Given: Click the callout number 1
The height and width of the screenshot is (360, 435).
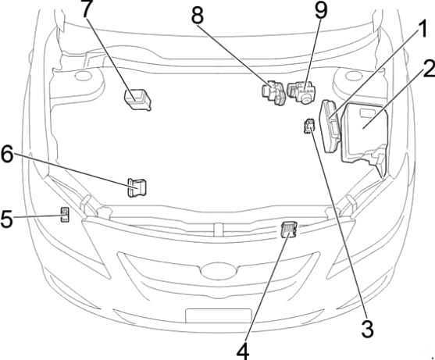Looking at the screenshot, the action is (x=422, y=30).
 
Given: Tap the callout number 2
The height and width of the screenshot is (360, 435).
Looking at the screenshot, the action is (x=429, y=69).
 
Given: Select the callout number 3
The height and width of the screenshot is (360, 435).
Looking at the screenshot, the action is (x=368, y=329).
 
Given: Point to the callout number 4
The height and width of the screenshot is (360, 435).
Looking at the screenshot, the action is (x=243, y=351).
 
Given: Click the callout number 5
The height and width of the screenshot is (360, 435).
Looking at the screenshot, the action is (x=6, y=219).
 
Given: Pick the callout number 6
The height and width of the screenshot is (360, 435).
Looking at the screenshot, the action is (x=7, y=154).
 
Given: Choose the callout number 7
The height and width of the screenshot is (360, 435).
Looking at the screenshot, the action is (x=87, y=9).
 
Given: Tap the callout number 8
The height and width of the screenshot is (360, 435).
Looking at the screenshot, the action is (x=198, y=16).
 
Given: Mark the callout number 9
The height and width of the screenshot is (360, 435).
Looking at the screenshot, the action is (x=321, y=9).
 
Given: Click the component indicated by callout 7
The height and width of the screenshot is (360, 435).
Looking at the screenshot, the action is (x=137, y=99).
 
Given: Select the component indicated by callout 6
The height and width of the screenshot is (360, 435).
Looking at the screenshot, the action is (x=137, y=187).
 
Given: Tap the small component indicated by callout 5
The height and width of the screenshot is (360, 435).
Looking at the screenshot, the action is (x=65, y=215).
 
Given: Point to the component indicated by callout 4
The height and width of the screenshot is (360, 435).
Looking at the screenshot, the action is (x=289, y=230).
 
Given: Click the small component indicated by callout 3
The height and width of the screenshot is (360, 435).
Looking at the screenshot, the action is (x=309, y=127).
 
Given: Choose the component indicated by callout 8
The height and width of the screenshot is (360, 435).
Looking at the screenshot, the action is (x=273, y=93).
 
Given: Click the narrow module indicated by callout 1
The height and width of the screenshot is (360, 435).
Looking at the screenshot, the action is (x=330, y=127).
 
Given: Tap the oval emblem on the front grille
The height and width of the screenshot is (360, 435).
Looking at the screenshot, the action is (x=219, y=271).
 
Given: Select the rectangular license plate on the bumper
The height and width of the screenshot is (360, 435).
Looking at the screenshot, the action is (x=219, y=316).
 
